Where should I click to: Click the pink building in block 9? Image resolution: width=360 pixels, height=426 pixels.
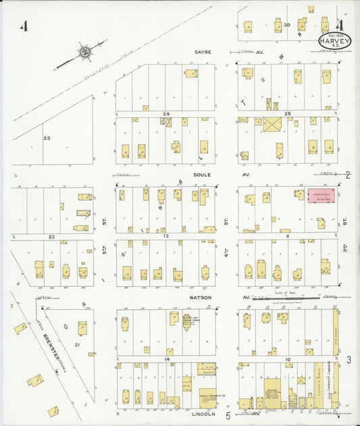point(321,196)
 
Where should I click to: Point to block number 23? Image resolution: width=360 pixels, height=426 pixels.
point(47,138)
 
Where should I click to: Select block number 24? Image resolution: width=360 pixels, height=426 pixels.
point(165,114)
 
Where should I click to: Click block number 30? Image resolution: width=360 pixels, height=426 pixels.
point(287,25)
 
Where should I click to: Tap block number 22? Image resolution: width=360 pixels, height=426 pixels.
point(51,237)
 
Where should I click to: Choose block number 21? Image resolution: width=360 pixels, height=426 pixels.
point(78,345)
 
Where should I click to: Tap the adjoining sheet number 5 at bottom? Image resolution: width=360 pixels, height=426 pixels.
point(228,416)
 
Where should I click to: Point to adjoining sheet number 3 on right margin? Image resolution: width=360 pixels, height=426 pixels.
point(349,360)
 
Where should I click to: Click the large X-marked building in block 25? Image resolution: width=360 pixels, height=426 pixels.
point(272,125)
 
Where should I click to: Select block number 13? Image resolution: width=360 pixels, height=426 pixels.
point(165,237)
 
